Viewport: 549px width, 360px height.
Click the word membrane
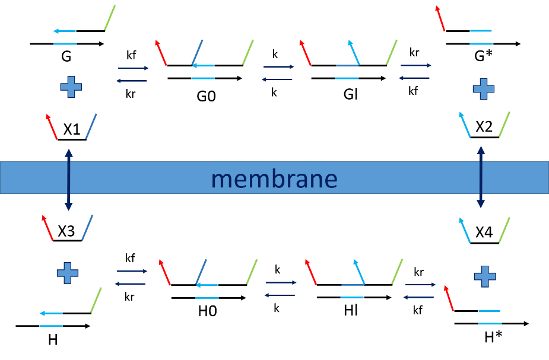(274, 179)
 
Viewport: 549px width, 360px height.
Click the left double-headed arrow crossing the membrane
(69, 180)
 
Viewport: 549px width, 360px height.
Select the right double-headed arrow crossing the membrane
(481, 177)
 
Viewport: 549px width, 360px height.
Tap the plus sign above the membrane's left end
(71, 87)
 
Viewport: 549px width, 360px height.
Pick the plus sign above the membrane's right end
(483, 89)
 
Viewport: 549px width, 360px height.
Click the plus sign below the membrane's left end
(68, 273)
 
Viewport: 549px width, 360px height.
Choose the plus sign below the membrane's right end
(485, 276)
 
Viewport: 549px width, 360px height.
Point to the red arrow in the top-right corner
(440, 18)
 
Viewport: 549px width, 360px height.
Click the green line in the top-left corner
(110, 18)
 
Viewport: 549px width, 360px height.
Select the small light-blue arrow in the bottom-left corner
(50, 313)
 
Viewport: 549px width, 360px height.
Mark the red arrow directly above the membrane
(52, 126)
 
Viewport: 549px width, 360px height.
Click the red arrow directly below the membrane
(47, 228)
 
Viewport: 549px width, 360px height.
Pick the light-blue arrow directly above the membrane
(465, 124)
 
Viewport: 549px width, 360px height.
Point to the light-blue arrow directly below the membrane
(465, 230)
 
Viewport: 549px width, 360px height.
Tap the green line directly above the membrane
(504, 124)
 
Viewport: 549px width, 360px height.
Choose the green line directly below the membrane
(504, 230)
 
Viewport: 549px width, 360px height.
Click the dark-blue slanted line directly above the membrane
(91, 126)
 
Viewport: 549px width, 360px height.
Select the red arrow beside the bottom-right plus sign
(449, 298)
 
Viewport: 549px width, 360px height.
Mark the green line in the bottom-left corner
(96, 300)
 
